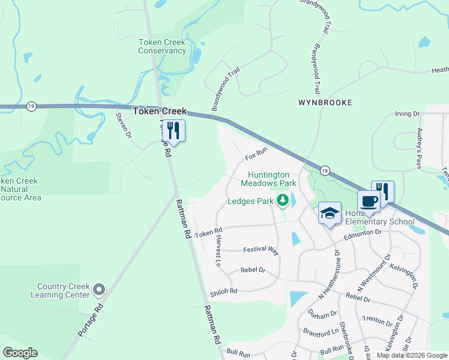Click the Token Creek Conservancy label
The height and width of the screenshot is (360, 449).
tap(162, 46)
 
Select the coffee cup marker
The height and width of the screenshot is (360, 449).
tap(369, 201)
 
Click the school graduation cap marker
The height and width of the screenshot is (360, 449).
tap(330, 214)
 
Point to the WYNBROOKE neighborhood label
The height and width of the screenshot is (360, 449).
tap(325, 103)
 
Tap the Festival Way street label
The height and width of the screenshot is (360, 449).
tap(261, 250)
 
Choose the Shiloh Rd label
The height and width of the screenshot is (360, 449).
tap(224, 292)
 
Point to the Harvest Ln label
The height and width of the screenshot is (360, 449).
tap(218, 251)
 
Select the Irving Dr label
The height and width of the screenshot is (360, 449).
tap(407, 113)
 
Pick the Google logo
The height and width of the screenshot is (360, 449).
tap(20, 353)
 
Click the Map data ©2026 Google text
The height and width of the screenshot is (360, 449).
tap(411, 355)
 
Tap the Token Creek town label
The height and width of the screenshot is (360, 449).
tap(160, 112)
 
